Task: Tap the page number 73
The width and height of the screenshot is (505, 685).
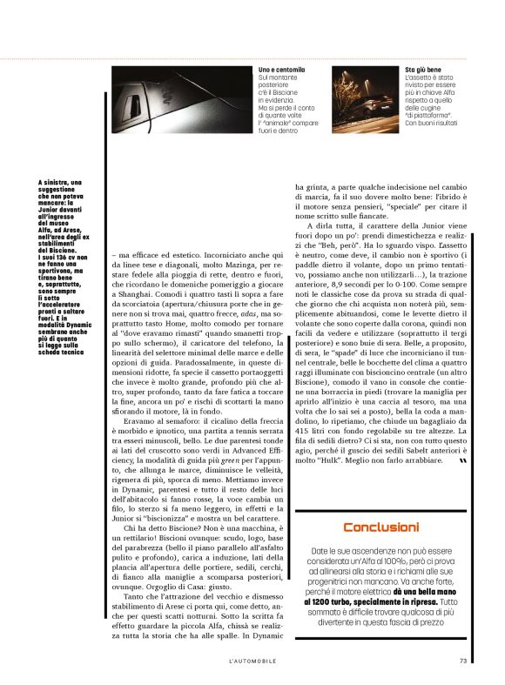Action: [463, 660]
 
